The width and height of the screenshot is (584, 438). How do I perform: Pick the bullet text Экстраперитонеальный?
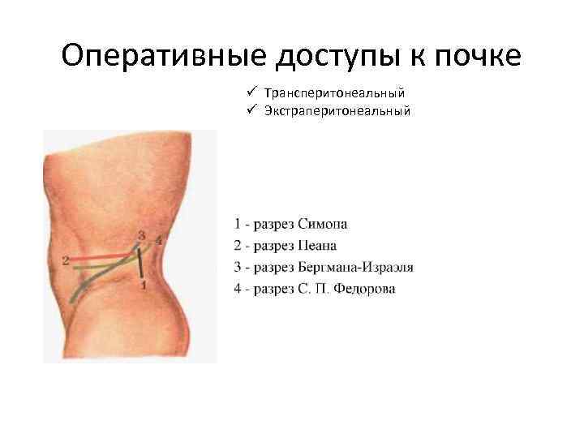point(337,110)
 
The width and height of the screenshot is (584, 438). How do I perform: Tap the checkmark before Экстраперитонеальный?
point(252,110)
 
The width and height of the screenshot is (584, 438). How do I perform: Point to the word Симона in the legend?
point(325,223)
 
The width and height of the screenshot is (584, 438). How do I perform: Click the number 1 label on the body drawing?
point(144,286)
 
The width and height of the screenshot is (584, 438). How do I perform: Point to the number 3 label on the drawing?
point(142,236)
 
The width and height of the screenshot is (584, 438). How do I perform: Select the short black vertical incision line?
point(141,262)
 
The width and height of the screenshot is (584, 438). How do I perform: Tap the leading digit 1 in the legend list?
point(237,223)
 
